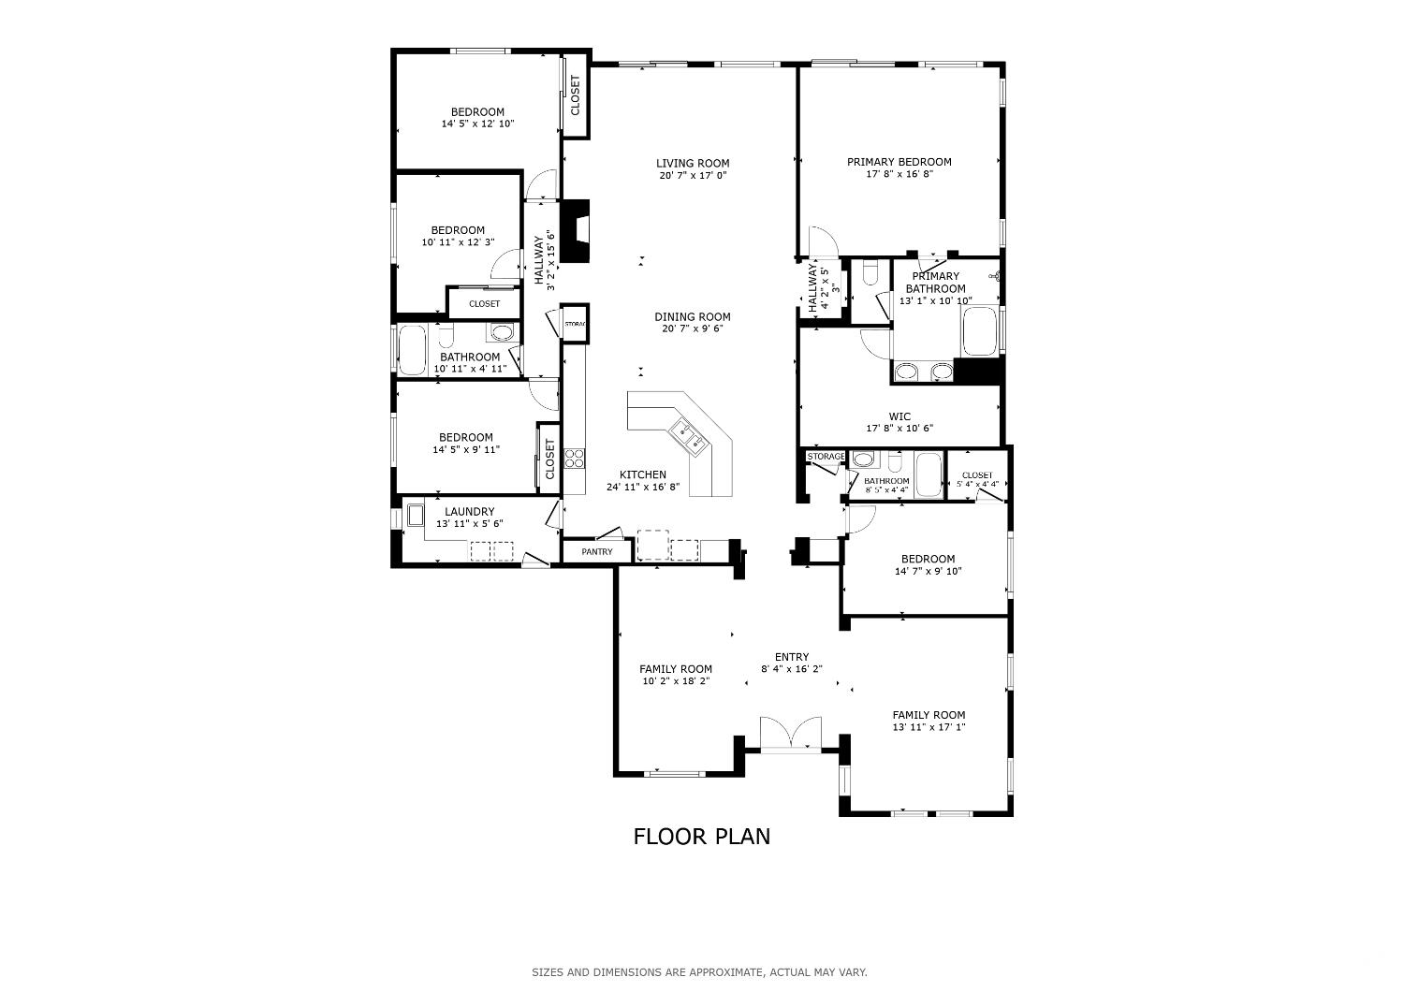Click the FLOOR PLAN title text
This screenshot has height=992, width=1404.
tap(701, 836)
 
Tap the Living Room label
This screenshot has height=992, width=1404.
tap(693, 163)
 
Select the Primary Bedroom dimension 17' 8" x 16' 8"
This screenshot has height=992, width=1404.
tap(899, 174)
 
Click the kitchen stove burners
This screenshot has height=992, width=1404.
tap(574, 458)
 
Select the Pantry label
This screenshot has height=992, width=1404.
tap(597, 552)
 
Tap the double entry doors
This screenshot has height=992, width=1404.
tap(791, 733)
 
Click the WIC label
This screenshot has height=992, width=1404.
tap(899, 416)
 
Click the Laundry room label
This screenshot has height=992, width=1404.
tap(469, 511)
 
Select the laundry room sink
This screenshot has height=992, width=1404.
tap(416, 514)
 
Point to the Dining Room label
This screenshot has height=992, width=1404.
tap(693, 316)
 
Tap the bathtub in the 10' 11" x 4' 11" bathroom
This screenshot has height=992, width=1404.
tap(413, 349)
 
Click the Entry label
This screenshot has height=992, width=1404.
tap(792, 657)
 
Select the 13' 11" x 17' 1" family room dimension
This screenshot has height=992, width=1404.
tap(929, 727)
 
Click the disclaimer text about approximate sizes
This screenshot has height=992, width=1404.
tap(700, 972)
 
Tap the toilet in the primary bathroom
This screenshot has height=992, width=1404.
tap(870, 273)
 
